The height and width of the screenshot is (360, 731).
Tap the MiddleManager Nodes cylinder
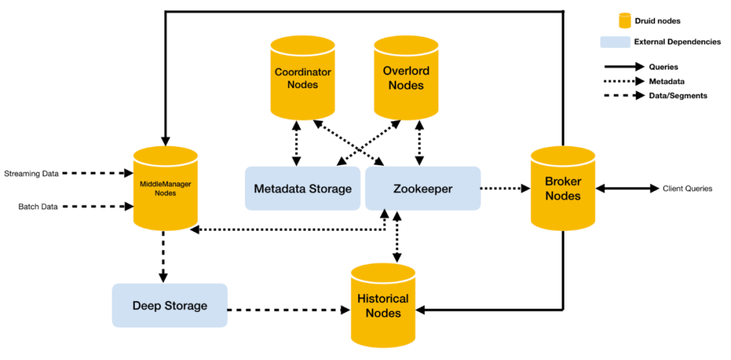[166, 188]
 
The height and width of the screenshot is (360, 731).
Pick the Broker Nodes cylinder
[563, 188]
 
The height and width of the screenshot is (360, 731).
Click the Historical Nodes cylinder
[383, 305]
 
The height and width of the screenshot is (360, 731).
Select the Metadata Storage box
[303, 188]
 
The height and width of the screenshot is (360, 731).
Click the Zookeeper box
[423, 188]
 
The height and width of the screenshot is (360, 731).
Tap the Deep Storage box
[170, 305]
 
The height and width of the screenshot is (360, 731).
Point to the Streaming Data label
[31, 174]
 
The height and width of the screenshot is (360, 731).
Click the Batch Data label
[38, 207]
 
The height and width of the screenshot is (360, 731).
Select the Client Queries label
[687, 189]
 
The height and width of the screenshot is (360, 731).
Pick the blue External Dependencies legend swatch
[615, 42]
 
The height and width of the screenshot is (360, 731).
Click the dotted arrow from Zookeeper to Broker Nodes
[506, 188]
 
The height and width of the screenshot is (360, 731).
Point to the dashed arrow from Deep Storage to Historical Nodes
[289, 309]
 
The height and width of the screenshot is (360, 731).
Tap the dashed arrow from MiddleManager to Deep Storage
[163, 256]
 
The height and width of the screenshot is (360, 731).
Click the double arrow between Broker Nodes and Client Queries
[627, 188]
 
